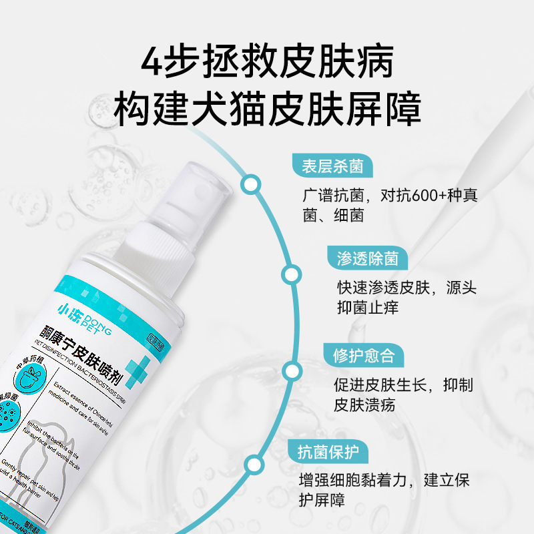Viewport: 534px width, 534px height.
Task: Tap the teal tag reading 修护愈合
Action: pyautogui.click(x=364, y=355)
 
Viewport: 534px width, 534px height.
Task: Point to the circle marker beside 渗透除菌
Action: pyautogui.click(x=291, y=274)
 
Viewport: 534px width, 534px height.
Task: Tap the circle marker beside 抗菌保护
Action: pyautogui.click(x=253, y=466)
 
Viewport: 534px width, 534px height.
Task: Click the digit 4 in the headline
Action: pyautogui.click(x=153, y=62)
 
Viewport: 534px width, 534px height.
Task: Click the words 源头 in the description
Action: pyautogui.click(x=461, y=288)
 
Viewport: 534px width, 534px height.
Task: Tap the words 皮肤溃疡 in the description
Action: pyautogui.click(x=364, y=405)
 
